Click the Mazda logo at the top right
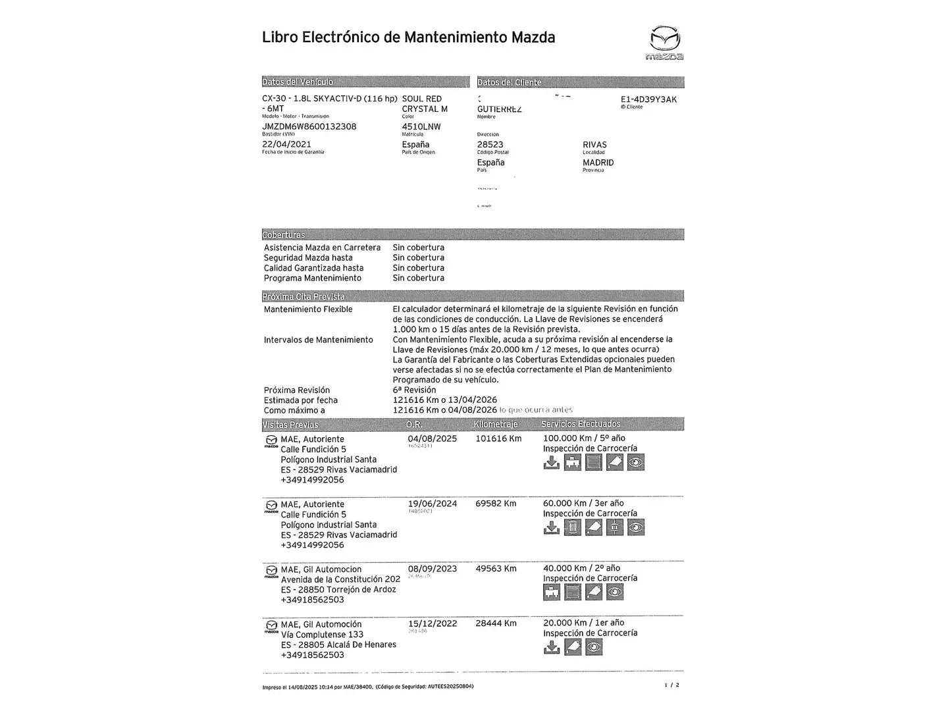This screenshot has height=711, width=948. point(664,43)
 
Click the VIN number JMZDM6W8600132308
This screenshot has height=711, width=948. point(309,126)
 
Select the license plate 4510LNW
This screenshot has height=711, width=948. point(421,126)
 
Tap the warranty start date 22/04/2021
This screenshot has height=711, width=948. point(286,144)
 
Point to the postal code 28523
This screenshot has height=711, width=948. point(490,145)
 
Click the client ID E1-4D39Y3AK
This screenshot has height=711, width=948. point(648,99)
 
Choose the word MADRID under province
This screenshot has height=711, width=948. point(598,163)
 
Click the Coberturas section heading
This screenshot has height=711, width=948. point(284,235)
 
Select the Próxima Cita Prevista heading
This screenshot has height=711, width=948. point(303,296)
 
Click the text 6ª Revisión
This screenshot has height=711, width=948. point(414,390)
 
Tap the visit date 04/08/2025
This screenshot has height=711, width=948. point(432,438)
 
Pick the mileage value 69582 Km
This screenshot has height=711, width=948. point(496,504)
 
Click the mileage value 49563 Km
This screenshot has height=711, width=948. point(496,569)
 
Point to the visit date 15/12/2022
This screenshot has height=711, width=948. point(432,623)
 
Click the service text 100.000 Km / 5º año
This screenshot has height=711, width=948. point(584,438)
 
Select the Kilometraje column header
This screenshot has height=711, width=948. point(496,425)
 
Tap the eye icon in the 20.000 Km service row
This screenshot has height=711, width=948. point(594,647)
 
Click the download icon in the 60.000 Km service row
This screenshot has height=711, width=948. point(552,527)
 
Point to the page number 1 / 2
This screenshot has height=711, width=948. point(672,685)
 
